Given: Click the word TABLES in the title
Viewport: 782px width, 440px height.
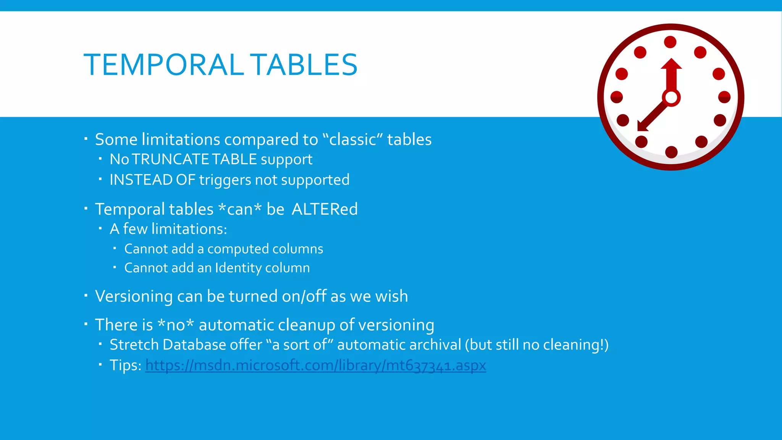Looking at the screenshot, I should click(x=305, y=65).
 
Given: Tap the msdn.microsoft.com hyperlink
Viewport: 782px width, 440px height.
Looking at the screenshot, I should click(x=315, y=366).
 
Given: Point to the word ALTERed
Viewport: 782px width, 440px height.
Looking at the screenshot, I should click(x=325, y=209).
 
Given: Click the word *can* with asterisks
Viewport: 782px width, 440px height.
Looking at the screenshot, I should click(x=240, y=209).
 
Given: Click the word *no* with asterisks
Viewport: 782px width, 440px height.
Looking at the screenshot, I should click(x=176, y=325).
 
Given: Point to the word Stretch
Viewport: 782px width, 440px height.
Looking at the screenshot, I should click(x=134, y=345).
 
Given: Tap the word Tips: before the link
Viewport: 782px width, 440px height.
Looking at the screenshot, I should click(x=126, y=366).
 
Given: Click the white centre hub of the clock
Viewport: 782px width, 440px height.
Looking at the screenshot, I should click(x=671, y=98).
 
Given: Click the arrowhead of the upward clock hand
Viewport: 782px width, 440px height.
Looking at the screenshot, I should click(x=671, y=64).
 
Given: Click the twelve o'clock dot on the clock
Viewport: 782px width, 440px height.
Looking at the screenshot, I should click(x=670, y=42).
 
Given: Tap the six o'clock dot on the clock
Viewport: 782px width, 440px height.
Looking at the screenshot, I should click(x=671, y=152).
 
